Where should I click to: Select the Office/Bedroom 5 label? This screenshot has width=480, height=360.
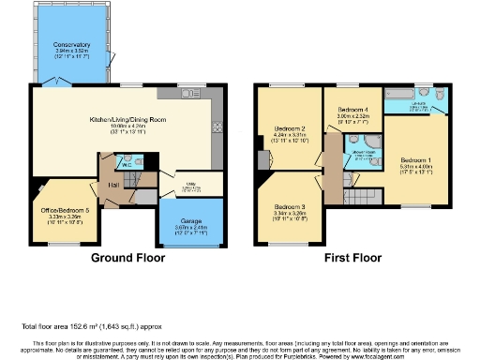point(61,211)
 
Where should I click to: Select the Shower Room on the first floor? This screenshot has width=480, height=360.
point(359,154)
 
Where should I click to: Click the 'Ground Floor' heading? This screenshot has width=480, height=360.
point(126,255)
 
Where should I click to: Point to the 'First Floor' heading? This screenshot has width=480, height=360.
point(352,255)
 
